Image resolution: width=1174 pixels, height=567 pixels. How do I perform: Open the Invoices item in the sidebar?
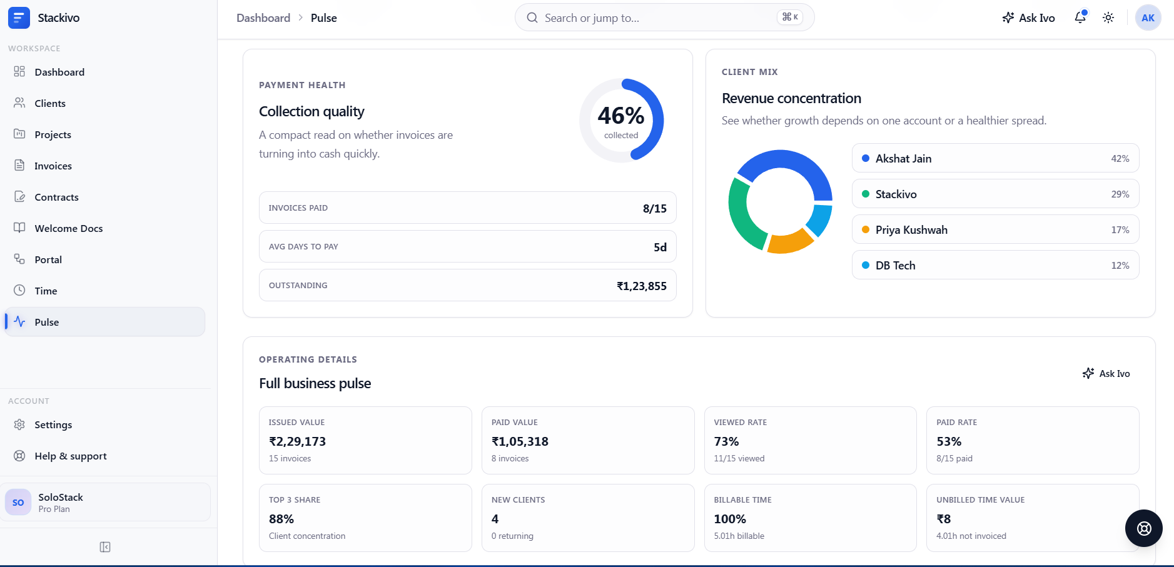click(x=53, y=166)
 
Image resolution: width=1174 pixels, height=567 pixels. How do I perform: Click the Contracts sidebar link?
click(x=56, y=197)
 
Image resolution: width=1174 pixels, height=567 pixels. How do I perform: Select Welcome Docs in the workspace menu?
click(x=68, y=228)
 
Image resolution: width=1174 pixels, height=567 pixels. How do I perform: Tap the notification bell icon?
click(x=1080, y=18)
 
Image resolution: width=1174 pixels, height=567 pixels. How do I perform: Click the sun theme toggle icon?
click(x=1108, y=18)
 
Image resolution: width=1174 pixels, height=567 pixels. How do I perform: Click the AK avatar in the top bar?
click(x=1148, y=18)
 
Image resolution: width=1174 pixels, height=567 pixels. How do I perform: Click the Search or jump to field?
click(x=664, y=18)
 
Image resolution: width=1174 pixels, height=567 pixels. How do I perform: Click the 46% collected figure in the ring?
click(x=621, y=116)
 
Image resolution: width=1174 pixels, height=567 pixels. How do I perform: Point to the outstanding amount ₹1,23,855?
click(x=642, y=286)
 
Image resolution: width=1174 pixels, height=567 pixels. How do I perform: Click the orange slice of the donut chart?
click(x=789, y=242)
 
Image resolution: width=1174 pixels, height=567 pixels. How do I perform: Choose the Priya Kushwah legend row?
click(x=995, y=229)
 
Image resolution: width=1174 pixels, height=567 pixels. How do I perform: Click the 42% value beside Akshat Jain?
click(x=1120, y=159)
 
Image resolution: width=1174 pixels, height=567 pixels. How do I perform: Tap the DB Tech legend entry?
click(x=995, y=265)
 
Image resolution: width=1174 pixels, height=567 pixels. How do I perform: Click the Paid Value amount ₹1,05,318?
click(x=520, y=441)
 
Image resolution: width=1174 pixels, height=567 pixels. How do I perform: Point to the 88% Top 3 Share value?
click(x=281, y=519)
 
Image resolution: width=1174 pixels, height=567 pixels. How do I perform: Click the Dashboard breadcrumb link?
click(x=263, y=18)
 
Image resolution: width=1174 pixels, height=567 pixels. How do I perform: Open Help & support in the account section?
click(x=71, y=456)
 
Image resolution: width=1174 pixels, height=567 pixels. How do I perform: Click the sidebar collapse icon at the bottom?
click(x=105, y=547)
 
